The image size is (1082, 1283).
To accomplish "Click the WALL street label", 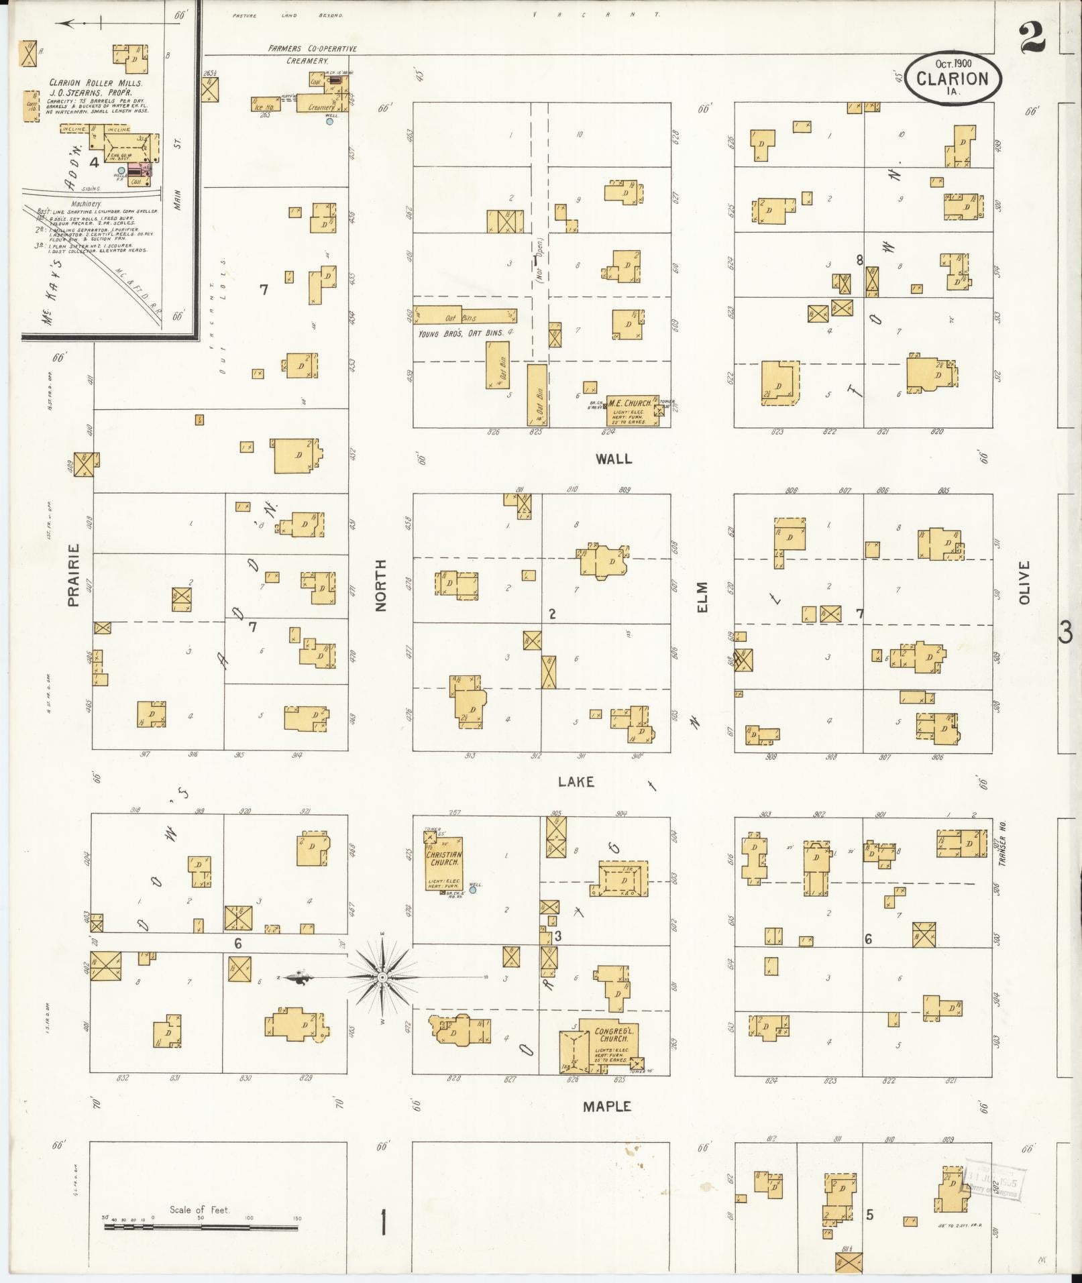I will pos(613,459).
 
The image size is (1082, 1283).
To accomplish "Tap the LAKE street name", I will pos(576,781).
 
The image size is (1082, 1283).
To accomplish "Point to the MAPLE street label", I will pos(606,1106).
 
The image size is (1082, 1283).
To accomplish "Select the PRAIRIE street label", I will pos(73,575).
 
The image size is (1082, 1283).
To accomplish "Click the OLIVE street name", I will pos(1024,583).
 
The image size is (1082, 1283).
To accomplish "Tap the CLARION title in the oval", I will pos(953,78).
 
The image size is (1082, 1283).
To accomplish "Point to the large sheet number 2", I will pos(1032,38).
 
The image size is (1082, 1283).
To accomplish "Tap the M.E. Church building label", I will pos(629,403).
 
